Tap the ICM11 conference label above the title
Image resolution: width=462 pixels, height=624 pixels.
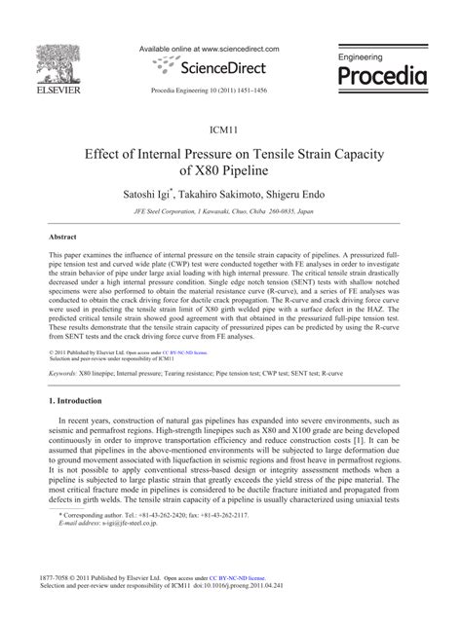click(x=231, y=129)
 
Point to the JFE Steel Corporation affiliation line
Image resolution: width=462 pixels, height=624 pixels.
click(x=231, y=211)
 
